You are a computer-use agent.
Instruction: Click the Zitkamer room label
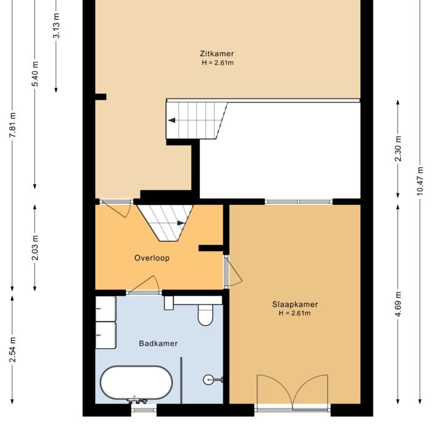tap(217, 54)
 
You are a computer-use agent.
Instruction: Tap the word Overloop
tap(152, 258)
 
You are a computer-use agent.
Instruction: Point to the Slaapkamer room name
tap(294, 304)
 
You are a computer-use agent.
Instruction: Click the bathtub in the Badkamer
tap(136, 383)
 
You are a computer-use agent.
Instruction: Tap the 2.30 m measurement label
tap(398, 149)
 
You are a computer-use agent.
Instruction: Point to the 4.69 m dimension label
tap(398, 304)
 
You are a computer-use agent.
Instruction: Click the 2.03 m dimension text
tap(35, 247)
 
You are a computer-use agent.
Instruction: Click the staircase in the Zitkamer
tap(194, 120)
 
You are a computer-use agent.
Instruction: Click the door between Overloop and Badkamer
tap(144, 285)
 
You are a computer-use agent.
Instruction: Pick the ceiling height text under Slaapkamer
tap(294, 314)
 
